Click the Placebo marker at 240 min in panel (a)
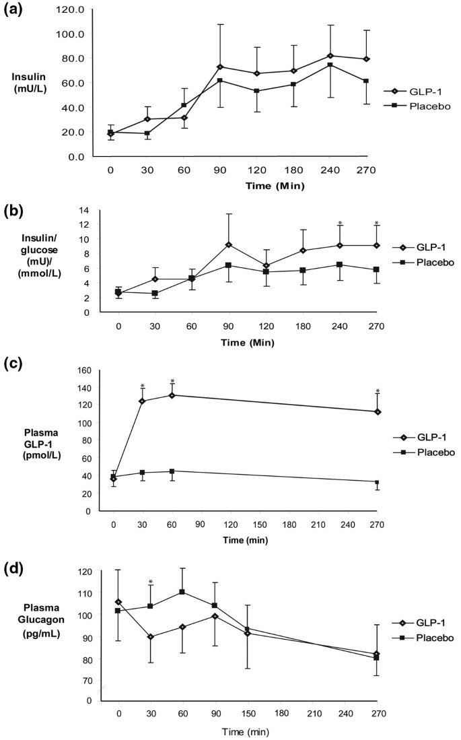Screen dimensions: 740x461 click(x=330, y=65)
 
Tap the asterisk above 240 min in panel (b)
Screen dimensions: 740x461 click(x=341, y=224)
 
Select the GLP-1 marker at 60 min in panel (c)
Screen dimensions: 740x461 click(x=172, y=395)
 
